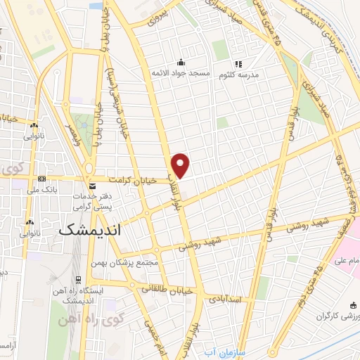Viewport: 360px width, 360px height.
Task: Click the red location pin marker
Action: click(x=181, y=165)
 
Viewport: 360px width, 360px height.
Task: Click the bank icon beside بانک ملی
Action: click(x=41, y=179)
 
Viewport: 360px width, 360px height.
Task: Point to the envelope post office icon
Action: click(x=93, y=186)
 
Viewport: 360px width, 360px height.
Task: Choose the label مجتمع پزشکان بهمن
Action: click(x=131, y=262)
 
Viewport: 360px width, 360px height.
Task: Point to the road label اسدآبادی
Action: click(x=226, y=298)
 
